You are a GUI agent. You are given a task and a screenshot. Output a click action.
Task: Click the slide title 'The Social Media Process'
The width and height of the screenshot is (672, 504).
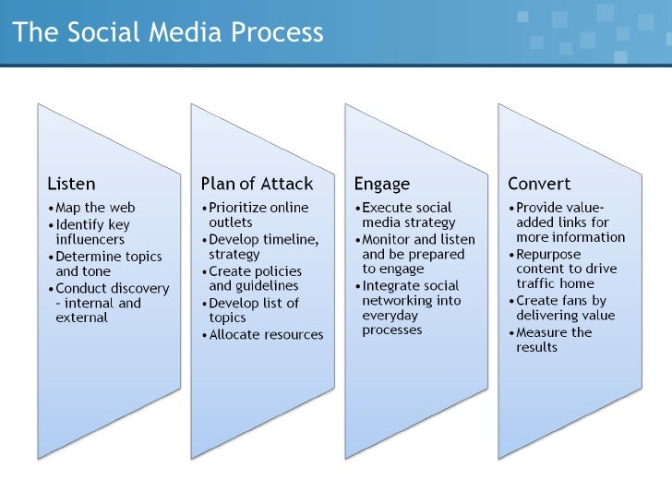(168, 32)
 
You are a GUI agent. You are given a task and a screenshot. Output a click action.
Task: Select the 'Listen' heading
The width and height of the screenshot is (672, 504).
(71, 184)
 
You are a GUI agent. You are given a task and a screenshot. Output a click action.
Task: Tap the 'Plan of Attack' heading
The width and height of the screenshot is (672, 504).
(257, 184)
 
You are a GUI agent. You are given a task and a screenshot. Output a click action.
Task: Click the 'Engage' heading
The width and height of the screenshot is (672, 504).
(382, 184)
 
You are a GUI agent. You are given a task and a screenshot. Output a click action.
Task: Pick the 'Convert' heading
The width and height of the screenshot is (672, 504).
(539, 184)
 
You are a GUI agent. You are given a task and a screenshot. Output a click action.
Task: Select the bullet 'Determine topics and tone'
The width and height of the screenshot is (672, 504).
(106, 264)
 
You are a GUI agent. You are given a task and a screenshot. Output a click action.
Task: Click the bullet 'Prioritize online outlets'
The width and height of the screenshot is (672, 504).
(258, 215)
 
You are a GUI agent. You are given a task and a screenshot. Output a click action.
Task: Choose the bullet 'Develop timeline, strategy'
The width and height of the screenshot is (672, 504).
(262, 246)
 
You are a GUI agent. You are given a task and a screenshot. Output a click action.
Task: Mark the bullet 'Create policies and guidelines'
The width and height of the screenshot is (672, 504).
(256, 278)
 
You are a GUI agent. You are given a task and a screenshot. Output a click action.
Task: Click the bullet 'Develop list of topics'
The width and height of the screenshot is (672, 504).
(253, 310)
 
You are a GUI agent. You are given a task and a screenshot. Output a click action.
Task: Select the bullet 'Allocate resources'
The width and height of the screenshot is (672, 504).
(266, 334)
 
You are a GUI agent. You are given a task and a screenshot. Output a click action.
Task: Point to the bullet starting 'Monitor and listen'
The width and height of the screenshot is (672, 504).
(417, 254)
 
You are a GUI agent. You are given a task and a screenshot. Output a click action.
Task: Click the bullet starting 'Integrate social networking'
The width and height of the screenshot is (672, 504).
(410, 307)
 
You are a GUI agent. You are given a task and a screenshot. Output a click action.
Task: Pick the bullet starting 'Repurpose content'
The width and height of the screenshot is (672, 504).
(567, 268)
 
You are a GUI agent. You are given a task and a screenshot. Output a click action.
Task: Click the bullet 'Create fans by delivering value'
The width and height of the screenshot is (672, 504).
(565, 307)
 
